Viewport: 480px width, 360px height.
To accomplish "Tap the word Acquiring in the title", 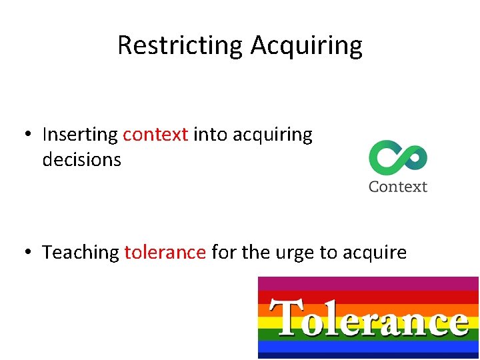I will (307, 45).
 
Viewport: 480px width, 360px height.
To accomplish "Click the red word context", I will (155, 135).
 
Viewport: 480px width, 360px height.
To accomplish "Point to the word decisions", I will (81, 160).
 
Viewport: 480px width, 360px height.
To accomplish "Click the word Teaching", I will (81, 253).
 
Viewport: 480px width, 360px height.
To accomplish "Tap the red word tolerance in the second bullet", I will (165, 253).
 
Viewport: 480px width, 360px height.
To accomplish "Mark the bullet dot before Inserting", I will (25, 135).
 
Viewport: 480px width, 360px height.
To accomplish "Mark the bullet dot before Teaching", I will (25, 253).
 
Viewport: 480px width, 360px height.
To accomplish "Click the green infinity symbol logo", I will (398, 158).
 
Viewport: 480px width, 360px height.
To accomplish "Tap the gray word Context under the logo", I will (398, 187).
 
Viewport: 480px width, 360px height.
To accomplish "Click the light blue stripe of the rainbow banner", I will (368, 347).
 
